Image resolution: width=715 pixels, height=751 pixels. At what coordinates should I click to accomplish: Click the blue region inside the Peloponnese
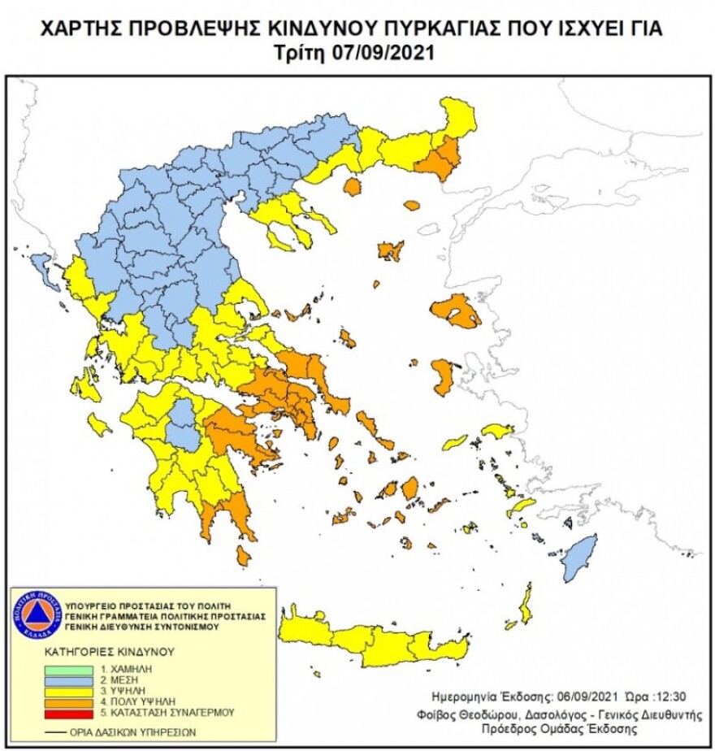coord(185,423)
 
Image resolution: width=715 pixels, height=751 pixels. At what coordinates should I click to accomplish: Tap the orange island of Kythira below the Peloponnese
coord(243,555)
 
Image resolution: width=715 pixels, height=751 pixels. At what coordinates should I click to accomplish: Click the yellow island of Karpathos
coord(526,603)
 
